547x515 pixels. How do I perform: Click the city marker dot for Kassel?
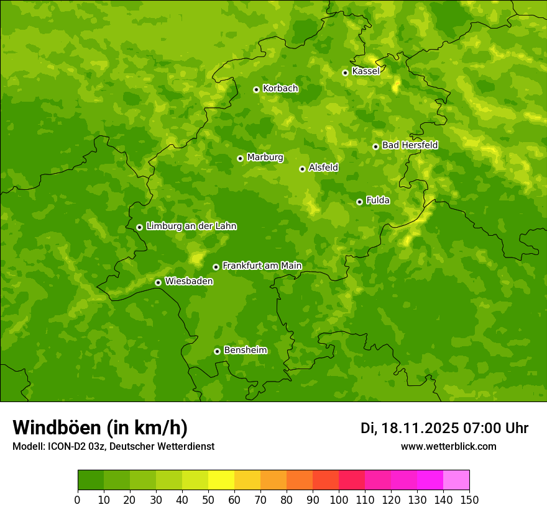coord(345,73)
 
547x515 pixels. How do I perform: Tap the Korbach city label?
coord(280,89)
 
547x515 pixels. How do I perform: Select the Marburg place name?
coord(265,158)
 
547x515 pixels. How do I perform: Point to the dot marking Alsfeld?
coord(302,169)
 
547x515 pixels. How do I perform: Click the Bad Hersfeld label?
coord(410,145)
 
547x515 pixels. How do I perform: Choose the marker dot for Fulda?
coord(359,202)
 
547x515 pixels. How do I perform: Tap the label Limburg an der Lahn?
coord(191,226)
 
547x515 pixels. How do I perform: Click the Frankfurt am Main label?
coord(262,266)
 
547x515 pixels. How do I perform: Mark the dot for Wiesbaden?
coord(158,282)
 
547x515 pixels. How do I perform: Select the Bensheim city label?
coord(245,350)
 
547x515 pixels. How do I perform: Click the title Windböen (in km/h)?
coord(100,428)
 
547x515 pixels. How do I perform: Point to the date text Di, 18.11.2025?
coord(410,428)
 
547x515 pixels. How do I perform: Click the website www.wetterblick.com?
coord(448,446)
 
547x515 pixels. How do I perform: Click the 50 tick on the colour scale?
coord(208,499)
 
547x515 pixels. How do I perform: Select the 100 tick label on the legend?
coord(339,499)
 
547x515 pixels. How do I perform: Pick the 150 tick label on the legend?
coord(469,499)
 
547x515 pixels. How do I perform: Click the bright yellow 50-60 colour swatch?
coord(221,480)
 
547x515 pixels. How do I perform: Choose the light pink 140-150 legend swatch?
coord(456,480)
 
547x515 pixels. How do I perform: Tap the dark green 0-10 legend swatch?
coord(91,480)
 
